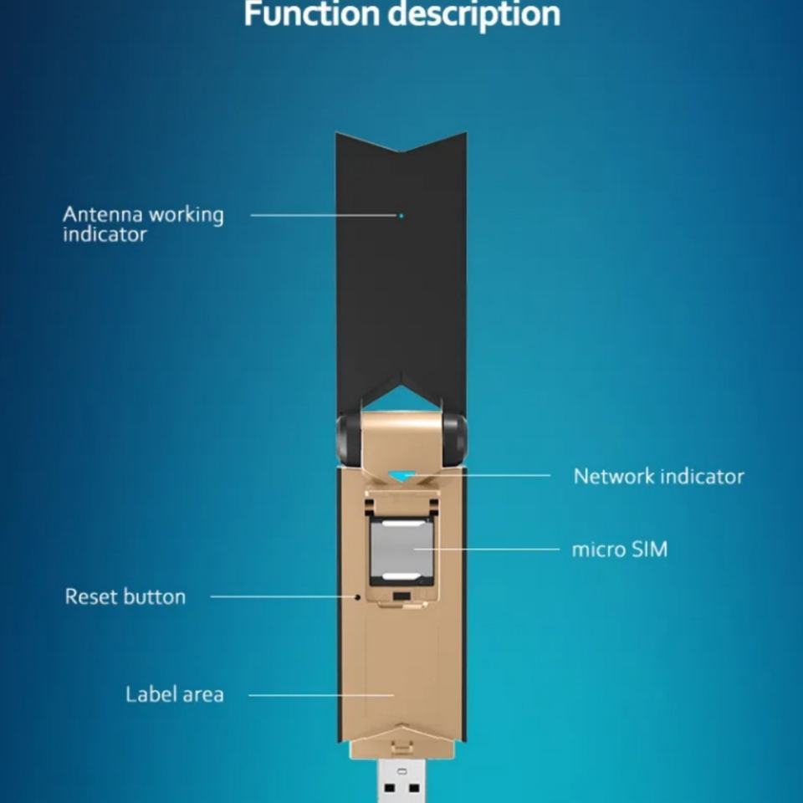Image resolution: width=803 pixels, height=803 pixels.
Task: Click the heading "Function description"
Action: (401, 14)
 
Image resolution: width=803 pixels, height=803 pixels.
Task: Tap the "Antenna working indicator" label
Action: (143, 224)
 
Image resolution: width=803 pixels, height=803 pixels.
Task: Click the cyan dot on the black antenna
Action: (401, 216)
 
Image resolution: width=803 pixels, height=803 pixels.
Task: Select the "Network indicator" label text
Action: (658, 476)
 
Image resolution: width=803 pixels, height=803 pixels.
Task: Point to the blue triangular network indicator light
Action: (401, 475)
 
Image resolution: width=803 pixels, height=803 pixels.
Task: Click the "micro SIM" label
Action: (619, 550)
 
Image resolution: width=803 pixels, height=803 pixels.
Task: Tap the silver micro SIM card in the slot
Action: (401, 550)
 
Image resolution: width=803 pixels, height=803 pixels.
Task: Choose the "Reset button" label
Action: (125, 596)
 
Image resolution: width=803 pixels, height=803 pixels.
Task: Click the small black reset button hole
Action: (358, 597)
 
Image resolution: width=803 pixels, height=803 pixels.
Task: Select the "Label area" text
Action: (175, 694)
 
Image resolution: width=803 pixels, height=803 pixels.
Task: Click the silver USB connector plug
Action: (401, 778)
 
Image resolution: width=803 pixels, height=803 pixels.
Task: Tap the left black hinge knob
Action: (348, 438)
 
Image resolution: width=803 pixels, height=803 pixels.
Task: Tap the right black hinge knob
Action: (455, 438)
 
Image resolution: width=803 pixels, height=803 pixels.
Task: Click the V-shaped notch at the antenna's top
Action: (401, 149)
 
